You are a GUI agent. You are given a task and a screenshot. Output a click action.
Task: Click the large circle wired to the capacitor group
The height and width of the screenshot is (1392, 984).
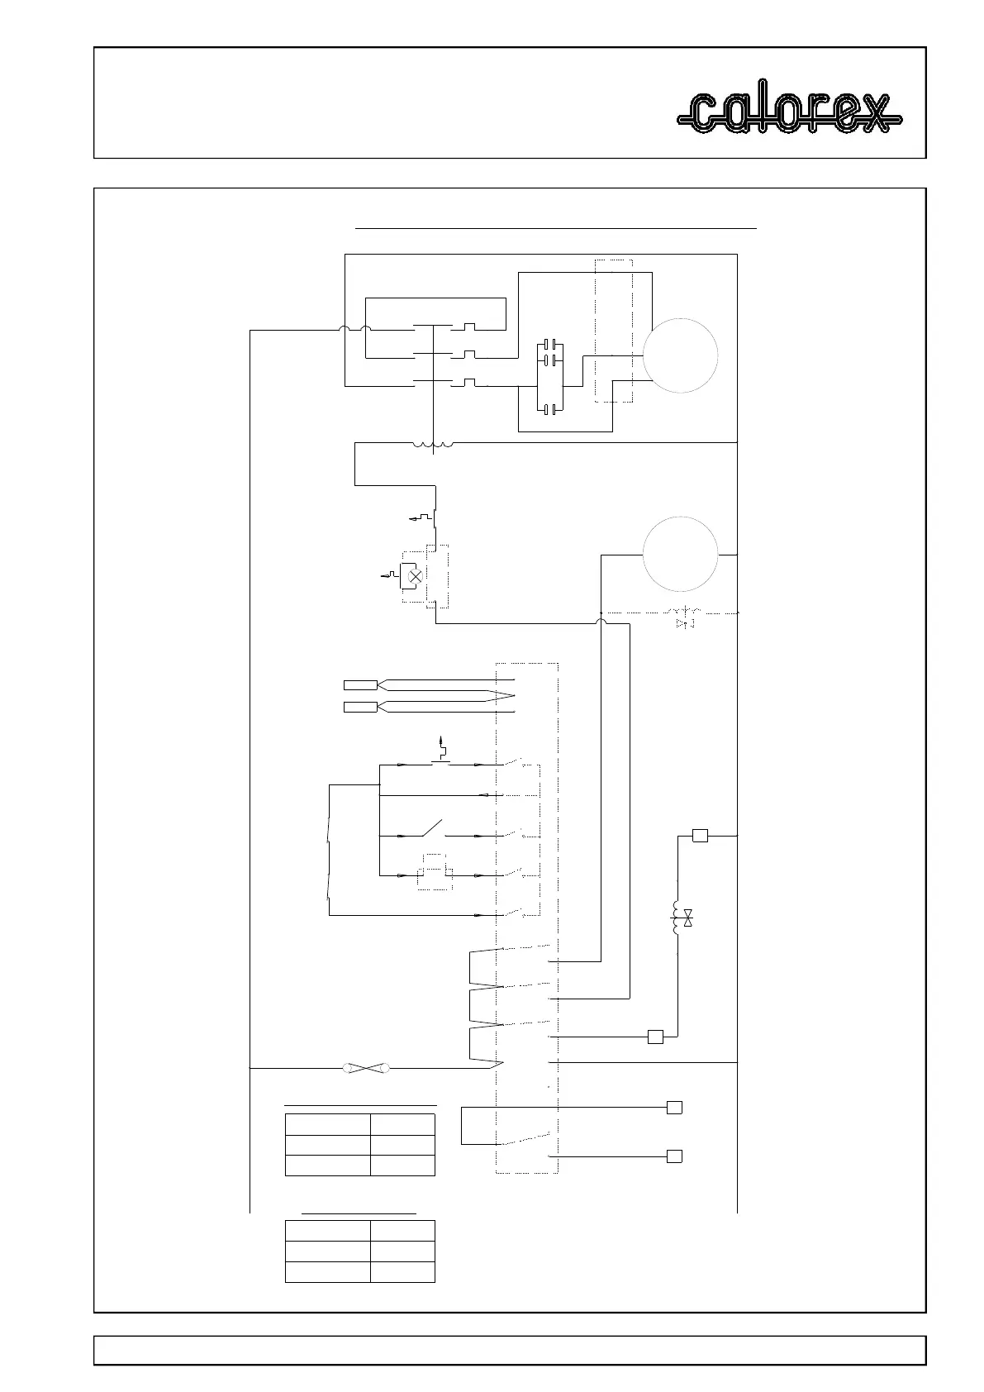[681, 355]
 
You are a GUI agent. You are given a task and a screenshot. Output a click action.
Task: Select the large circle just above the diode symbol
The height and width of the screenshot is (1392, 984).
[680, 554]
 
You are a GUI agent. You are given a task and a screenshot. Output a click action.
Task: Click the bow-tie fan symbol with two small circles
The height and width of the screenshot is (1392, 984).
[366, 1069]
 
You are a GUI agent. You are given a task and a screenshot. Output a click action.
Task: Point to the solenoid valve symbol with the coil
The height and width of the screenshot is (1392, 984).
[682, 918]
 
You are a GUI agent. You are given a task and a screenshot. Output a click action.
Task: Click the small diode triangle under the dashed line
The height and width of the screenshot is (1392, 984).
[682, 624]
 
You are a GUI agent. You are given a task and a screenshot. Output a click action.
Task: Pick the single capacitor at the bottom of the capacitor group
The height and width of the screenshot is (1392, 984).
[549, 408]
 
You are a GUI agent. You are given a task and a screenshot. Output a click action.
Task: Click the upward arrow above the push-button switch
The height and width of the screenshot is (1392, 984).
[441, 738]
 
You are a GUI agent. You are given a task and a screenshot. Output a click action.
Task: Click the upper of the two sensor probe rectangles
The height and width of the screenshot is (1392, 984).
[359, 684]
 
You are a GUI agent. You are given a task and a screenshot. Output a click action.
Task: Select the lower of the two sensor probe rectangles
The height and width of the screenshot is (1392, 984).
[359, 706]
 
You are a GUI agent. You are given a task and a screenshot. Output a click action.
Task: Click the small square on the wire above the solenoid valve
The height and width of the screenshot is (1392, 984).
[700, 836]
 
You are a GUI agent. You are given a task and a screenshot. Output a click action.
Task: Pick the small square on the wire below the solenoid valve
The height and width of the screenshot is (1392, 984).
[655, 1037]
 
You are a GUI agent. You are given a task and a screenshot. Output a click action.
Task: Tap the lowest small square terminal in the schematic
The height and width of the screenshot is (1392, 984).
[674, 1156]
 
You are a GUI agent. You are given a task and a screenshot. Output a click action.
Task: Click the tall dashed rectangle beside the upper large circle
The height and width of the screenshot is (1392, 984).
[613, 331]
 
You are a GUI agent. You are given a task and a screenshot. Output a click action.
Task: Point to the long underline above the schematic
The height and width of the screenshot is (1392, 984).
[555, 226]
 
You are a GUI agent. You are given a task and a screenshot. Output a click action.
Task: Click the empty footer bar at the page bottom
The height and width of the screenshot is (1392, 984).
[509, 1350]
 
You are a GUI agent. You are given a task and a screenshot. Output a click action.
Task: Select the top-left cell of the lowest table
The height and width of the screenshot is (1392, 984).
[327, 1231]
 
